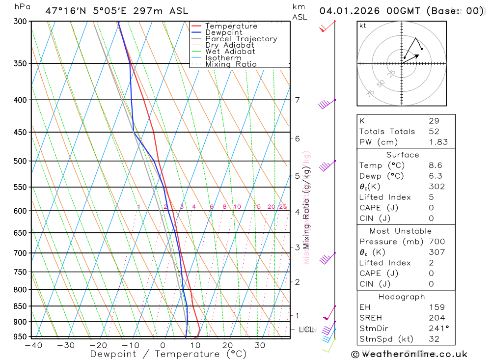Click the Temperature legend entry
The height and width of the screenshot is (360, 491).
(x=231, y=26)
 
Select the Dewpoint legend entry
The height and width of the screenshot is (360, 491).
(x=223, y=32)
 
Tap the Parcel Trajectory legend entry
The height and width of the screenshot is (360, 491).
(x=241, y=39)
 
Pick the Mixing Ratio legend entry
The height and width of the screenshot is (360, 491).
(x=231, y=64)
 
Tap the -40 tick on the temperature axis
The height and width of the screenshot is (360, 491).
(x=33, y=345)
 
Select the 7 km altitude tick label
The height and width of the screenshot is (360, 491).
(x=297, y=100)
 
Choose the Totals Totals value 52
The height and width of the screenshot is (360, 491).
(x=434, y=132)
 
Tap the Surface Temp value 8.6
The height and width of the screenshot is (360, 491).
(x=435, y=166)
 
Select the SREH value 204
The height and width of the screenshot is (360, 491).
(x=436, y=318)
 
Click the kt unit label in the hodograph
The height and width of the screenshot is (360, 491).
(x=363, y=26)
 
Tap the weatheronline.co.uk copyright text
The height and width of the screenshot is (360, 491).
(x=409, y=354)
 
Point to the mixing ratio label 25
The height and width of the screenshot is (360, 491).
(x=283, y=207)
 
